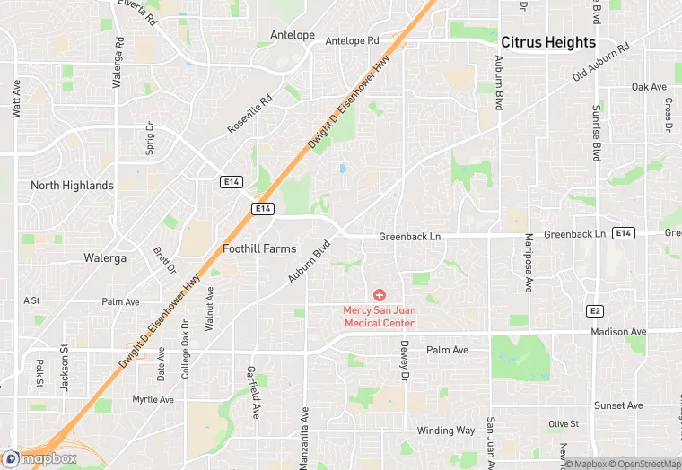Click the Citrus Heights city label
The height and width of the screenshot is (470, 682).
point(547,42)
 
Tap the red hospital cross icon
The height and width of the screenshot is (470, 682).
point(379,294)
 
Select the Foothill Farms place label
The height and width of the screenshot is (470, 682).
point(259,248)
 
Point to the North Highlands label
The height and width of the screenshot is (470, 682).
point(72,186)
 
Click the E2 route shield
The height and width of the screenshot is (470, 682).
point(594,310)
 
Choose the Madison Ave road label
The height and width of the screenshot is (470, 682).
point(618,332)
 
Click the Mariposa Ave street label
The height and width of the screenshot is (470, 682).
point(529,263)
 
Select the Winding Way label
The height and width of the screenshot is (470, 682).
point(446,431)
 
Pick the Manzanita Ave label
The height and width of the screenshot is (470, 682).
point(305,438)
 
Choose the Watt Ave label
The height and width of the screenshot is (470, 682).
point(16,99)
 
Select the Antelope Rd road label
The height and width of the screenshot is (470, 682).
point(352,40)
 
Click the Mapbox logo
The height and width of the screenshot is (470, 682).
point(39,458)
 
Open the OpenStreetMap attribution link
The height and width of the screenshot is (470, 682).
point(643,464)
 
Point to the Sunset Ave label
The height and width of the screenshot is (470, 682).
point(618,406)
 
